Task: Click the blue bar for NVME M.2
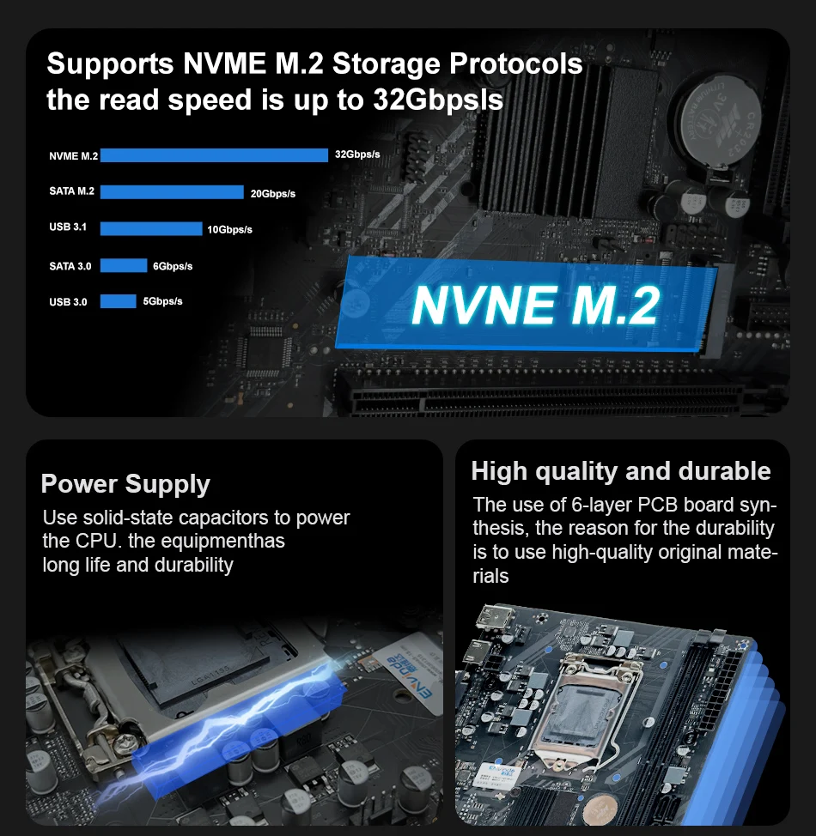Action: tap(214, 155)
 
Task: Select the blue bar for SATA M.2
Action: tap(172, 192)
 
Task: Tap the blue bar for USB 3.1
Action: tap(151, 228)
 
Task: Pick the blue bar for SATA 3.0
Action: tap(124, 265)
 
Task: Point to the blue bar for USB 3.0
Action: tap(118, 301)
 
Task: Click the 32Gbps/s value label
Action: tap(357, 154)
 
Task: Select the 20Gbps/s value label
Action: tap(272, 193)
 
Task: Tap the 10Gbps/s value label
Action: tap(229, 230)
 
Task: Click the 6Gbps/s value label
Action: tap(173, 266)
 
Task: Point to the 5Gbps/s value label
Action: tap(163, 302)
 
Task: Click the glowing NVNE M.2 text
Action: tap(536, 305)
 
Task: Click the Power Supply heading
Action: tap(125, 484)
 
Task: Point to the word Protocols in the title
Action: tap(515, 64)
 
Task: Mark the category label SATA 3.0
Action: tap(70, 266)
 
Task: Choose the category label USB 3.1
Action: tap(68, 227)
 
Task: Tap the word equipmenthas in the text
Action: tap(222, 542)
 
